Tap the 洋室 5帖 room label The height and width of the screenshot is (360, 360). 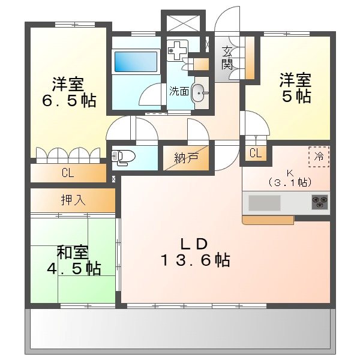tap(295, 88)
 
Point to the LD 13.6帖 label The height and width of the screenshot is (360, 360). tap(194, 252)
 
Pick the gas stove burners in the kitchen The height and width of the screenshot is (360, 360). tap(319, 202)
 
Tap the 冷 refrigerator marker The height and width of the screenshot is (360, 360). tap(318, 156)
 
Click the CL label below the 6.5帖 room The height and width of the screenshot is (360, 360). tap(67, 174)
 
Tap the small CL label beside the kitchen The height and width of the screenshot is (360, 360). tap(255, 153)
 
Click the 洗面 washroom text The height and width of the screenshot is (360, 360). tap(179, 91)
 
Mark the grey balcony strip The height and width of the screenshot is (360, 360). tap(180, 330)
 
